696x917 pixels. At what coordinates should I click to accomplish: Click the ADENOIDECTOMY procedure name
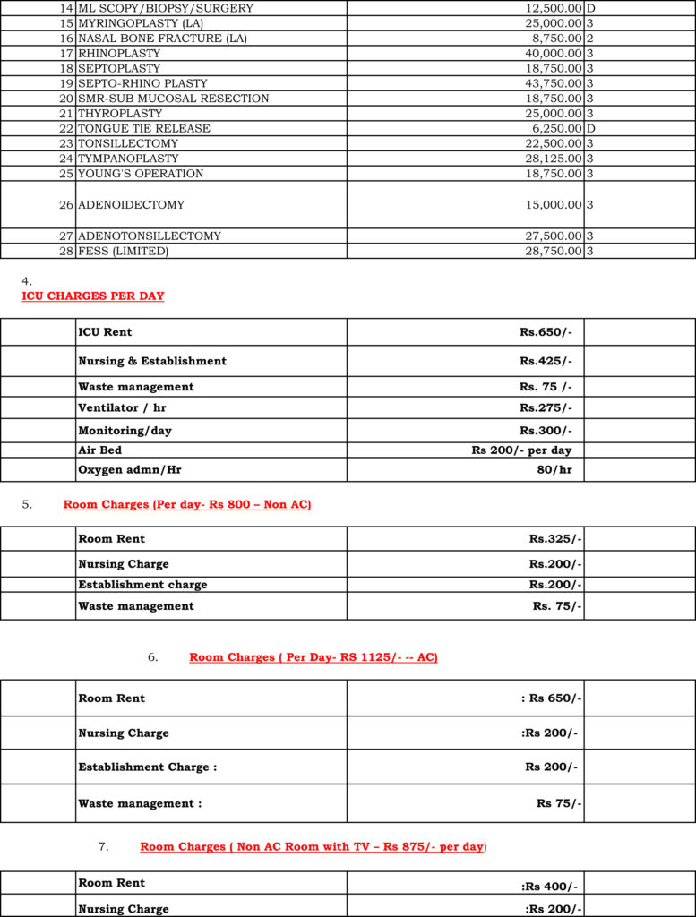(131, 205)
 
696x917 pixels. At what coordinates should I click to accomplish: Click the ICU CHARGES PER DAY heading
(93, 296)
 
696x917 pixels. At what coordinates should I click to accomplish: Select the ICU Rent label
(105, 332)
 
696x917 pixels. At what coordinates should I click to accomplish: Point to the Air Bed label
(99, 450)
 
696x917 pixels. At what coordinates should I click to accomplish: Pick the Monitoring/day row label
(125, 431)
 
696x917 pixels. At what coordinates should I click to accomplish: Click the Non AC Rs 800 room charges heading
(187, 505)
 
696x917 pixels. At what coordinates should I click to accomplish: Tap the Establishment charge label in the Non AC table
(142, 585)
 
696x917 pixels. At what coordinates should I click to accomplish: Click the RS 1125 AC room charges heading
(314, 657)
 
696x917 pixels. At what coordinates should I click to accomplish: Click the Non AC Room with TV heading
(313, 846)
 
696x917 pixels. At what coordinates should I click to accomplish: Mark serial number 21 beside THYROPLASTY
(66, 114)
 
